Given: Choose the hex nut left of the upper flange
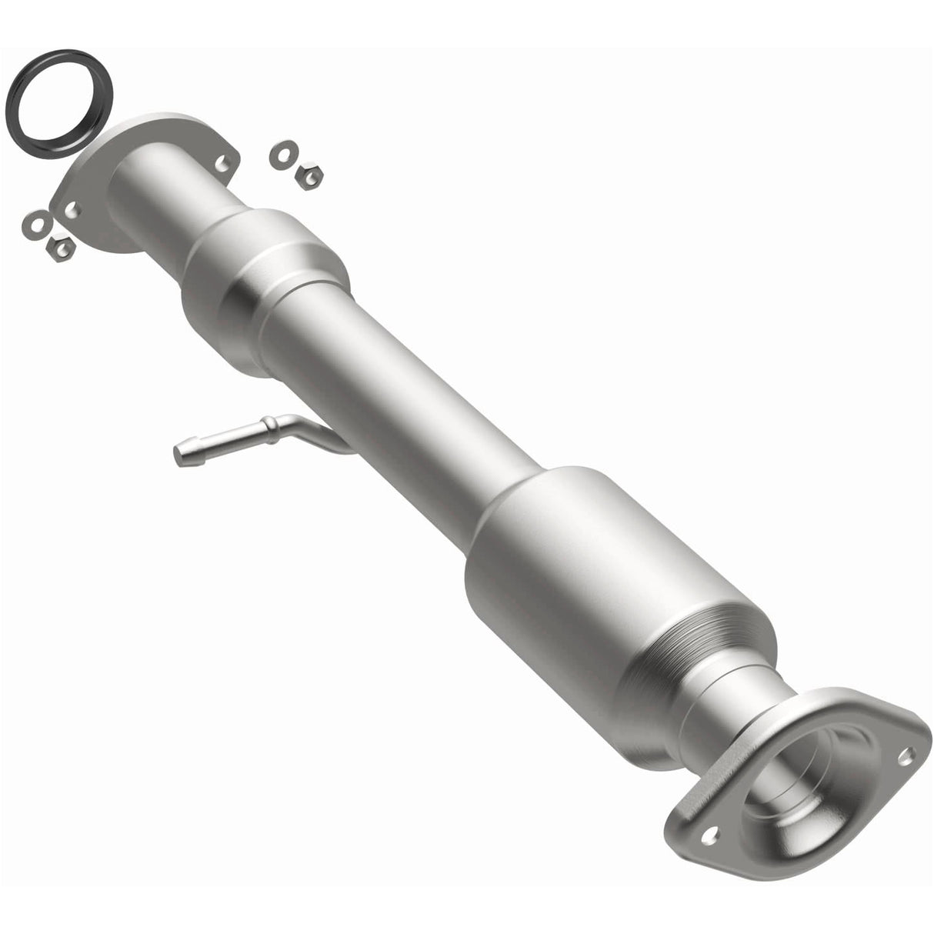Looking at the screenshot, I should (x=59, y=246).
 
